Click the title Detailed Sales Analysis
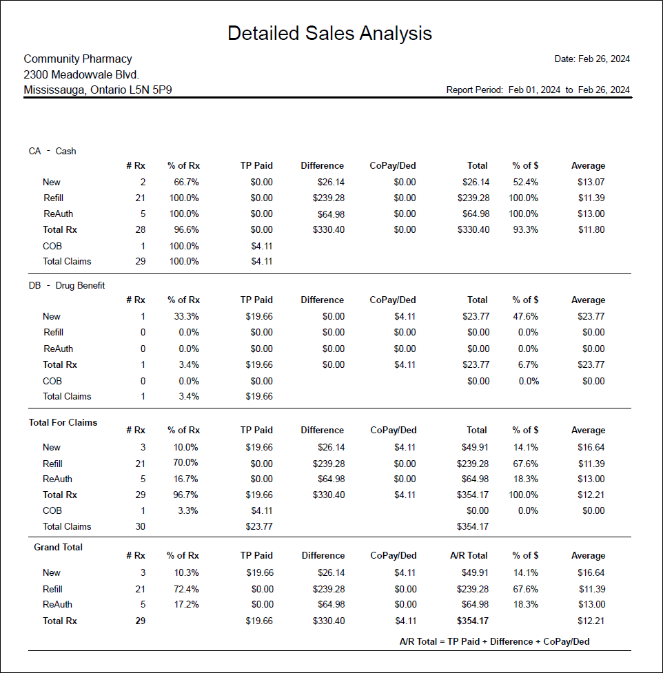329,33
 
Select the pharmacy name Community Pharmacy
78,59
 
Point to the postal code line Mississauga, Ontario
97,90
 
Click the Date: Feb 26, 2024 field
592,59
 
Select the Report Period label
474,90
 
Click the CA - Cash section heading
52,151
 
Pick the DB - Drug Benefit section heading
67,285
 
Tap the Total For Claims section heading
63,422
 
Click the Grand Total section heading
58,547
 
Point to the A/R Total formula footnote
494,641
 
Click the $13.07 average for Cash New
591,182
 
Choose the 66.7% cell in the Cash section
186,182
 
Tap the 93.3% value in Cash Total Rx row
525,229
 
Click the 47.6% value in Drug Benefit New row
525,316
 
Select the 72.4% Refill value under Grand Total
185,589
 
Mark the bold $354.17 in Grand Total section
473,621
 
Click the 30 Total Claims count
140,526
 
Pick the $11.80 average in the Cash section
591,229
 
